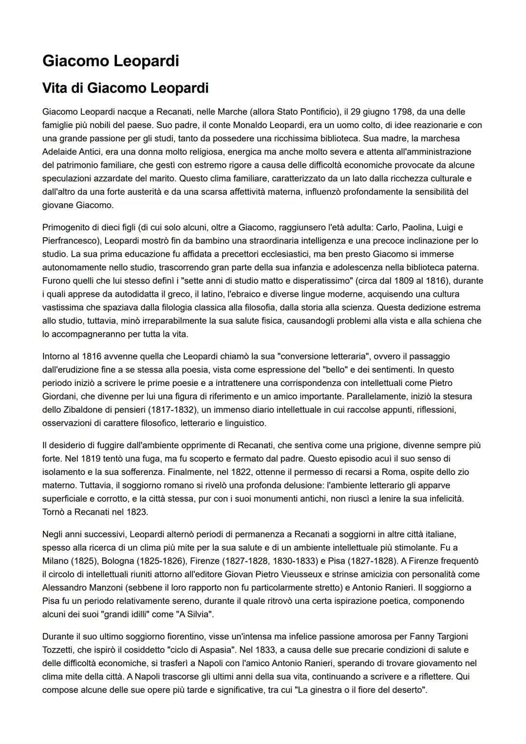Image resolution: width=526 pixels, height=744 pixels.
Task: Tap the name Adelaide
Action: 58,152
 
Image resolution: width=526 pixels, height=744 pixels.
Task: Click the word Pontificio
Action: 318,112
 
